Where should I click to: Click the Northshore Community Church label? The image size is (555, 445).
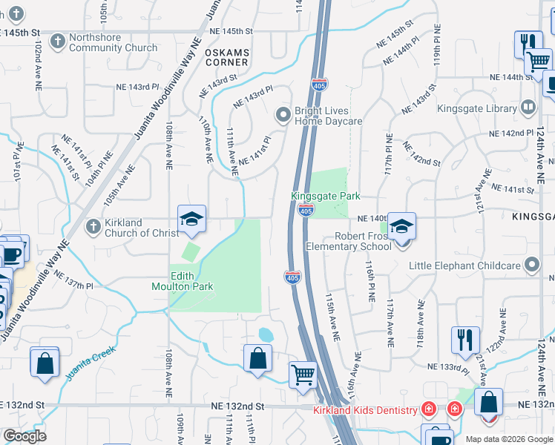coord(113,43)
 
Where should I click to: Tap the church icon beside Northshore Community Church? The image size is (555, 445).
coord(60,38)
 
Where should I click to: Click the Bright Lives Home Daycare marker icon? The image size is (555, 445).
coord(283,115)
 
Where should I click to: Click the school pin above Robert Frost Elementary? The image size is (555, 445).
coord(401,225)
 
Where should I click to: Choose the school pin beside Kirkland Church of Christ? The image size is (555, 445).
coord(191,218)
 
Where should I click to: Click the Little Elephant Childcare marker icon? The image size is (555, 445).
coord(531,265)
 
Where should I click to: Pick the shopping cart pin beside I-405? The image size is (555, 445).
coord(303,375)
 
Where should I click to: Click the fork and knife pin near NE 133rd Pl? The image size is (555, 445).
coord(465,339)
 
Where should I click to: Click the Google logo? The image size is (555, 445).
coord(24,436)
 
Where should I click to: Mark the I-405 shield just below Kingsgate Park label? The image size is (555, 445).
coord(305,211)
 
